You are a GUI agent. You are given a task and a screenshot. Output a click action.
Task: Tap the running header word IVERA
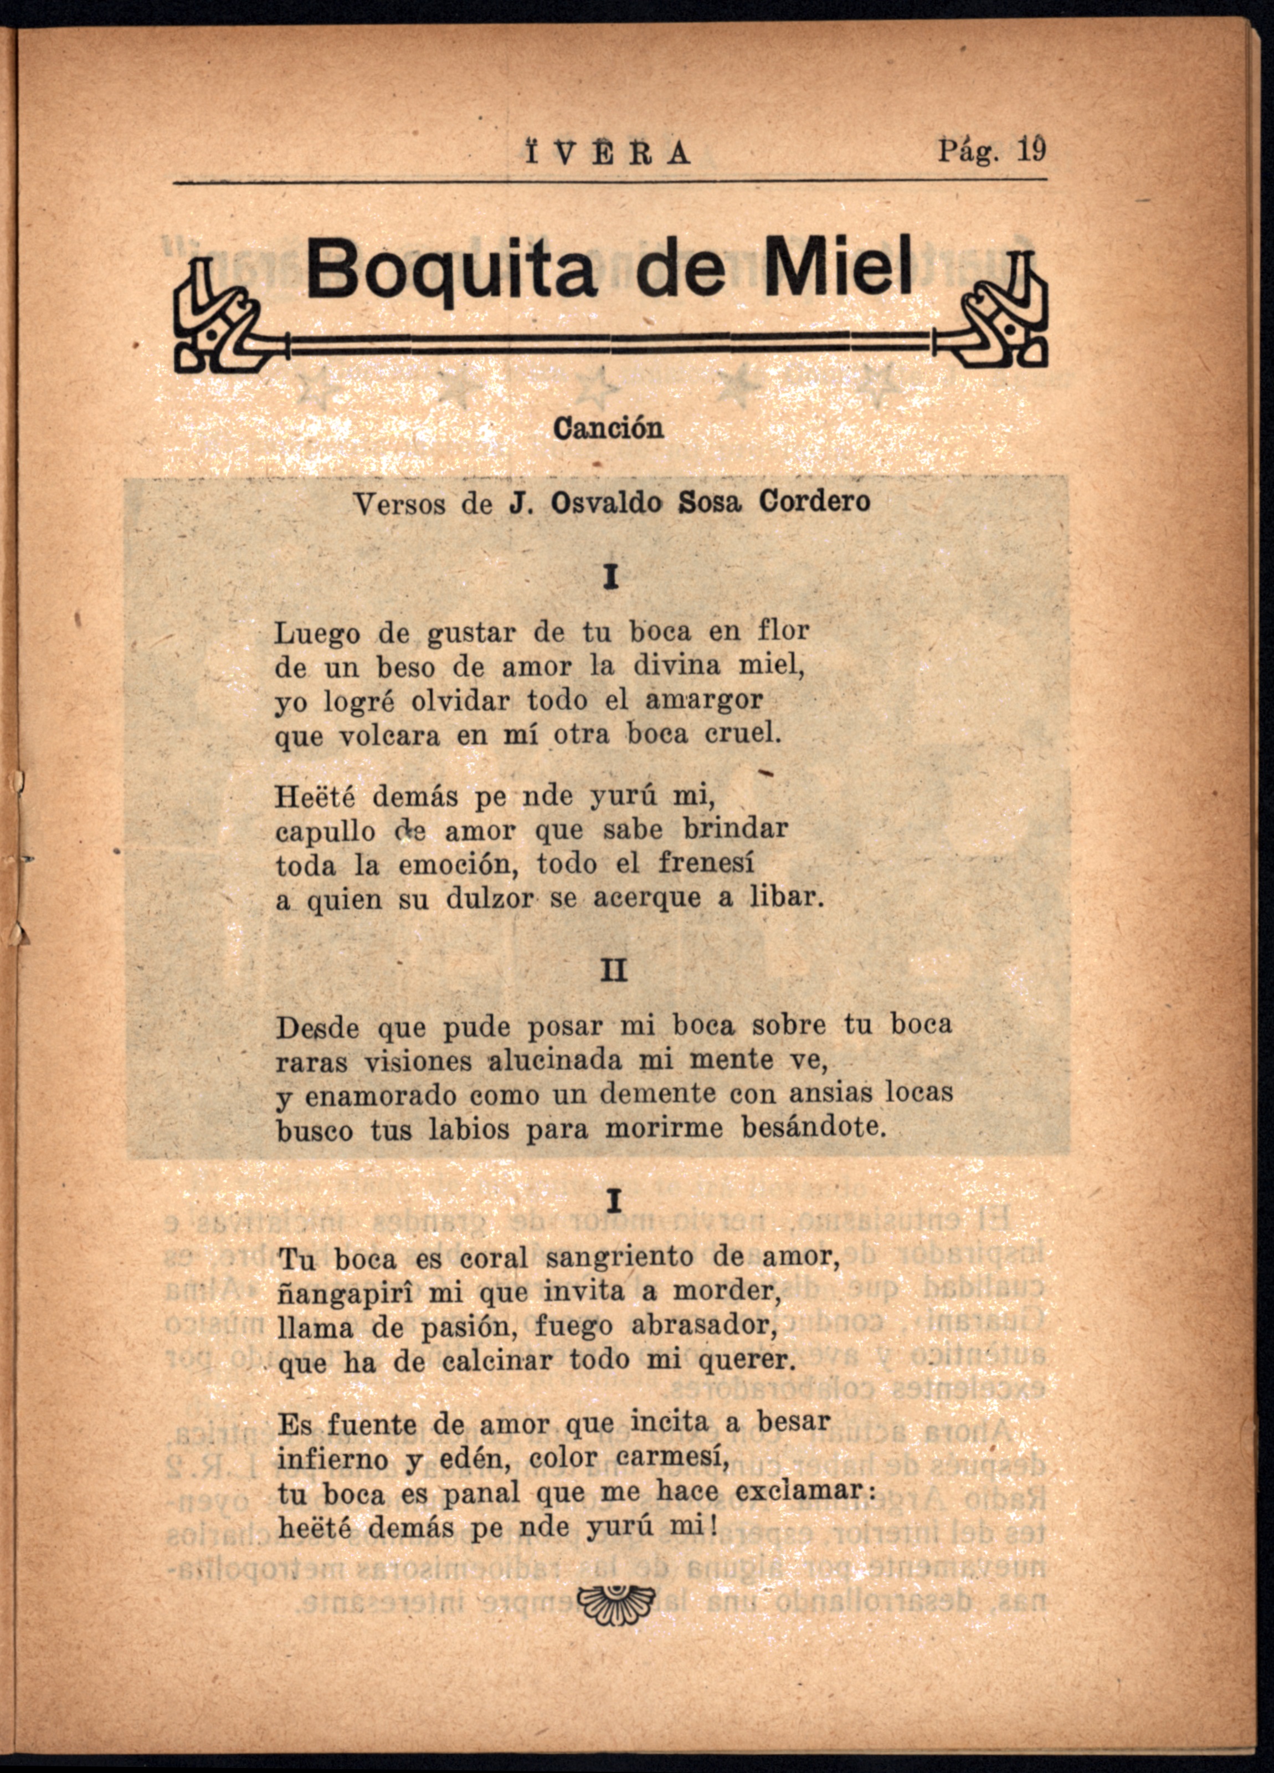coord(609,152)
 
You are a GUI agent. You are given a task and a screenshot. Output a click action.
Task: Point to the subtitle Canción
coord(608,428)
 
